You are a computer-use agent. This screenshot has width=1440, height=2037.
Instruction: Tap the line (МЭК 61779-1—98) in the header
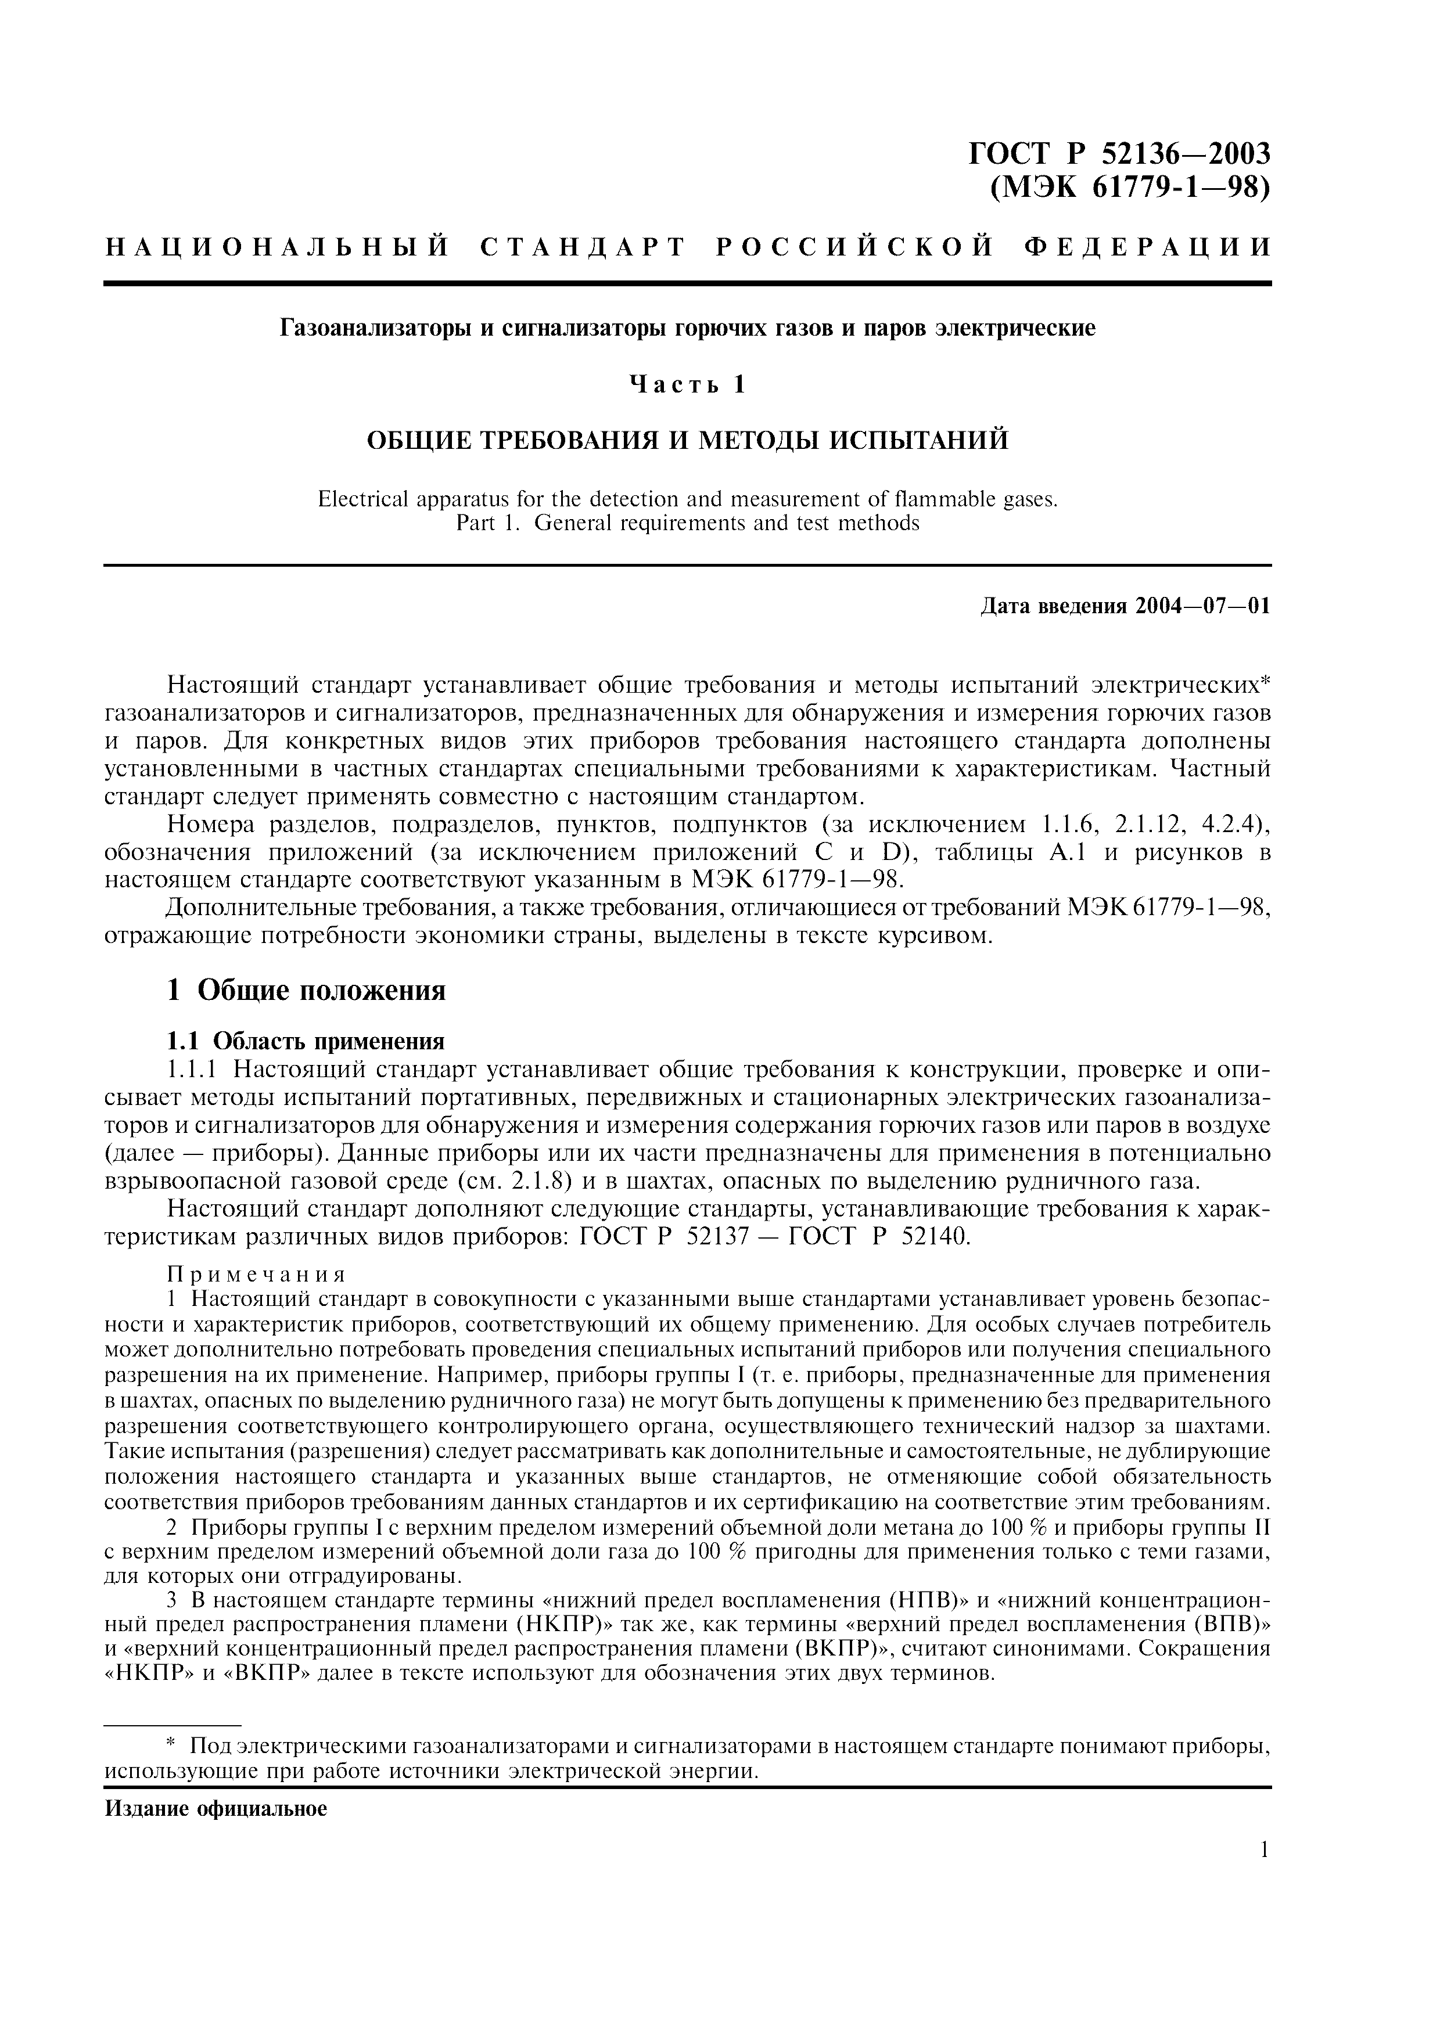[x=1129, y=189]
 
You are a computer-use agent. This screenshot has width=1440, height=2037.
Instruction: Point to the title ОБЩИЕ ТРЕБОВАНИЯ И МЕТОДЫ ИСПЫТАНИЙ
[x=688, y=440]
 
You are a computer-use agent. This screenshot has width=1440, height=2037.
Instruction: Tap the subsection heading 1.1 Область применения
[x=306, y=1040]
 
